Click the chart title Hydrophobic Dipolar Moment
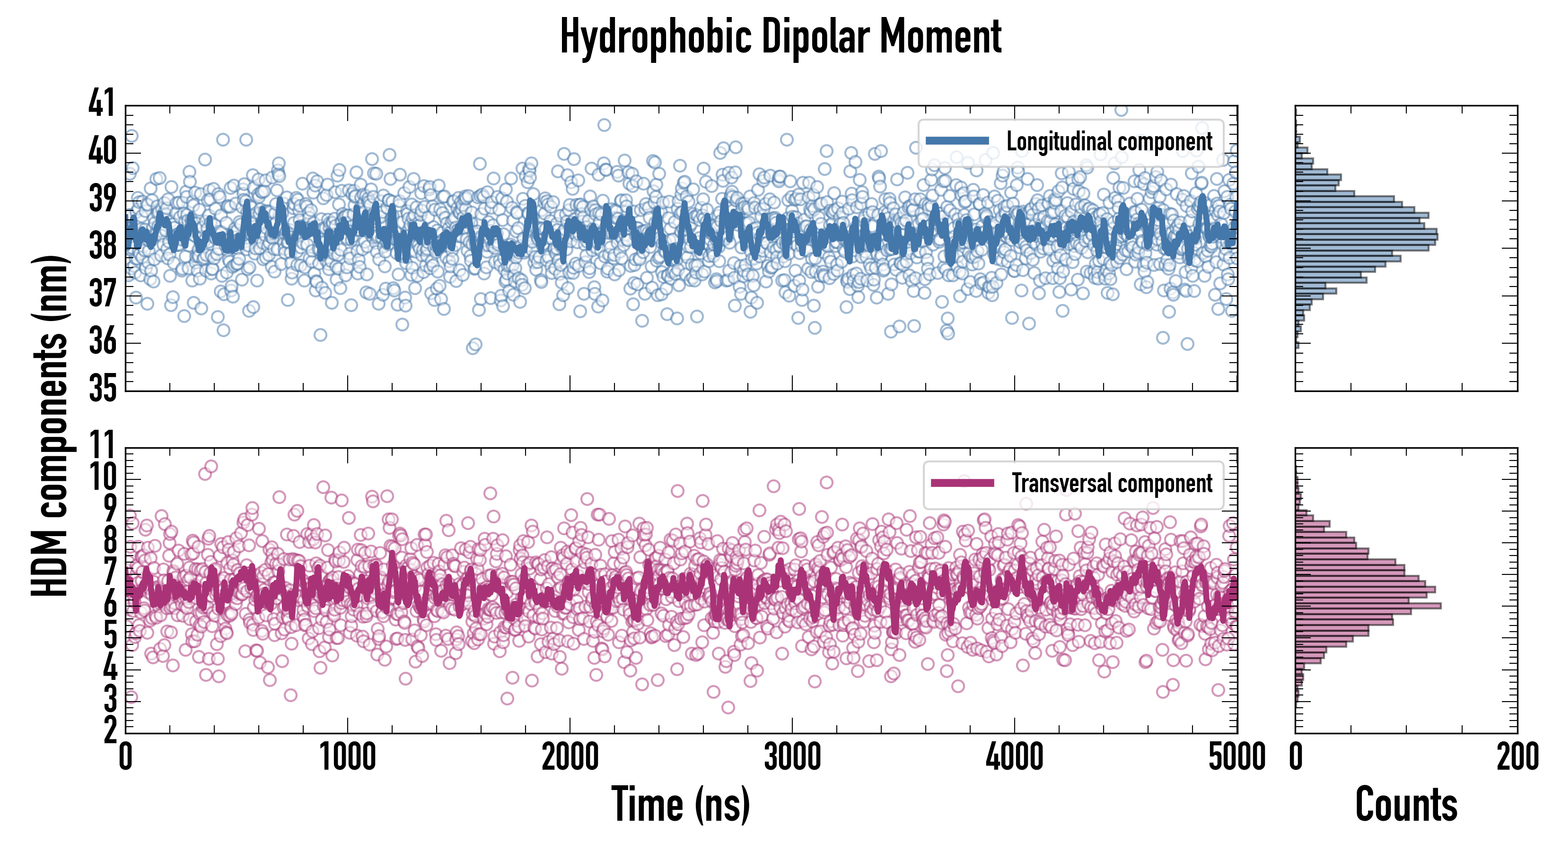(780, 37)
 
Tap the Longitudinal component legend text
(1109, 142)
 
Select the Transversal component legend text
(1112, 483)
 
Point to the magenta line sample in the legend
(962, 483)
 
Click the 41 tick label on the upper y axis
(101, 103)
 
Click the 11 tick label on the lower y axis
(101, 446)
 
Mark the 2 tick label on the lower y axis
(110, 731)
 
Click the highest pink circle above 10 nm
(211, 466)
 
